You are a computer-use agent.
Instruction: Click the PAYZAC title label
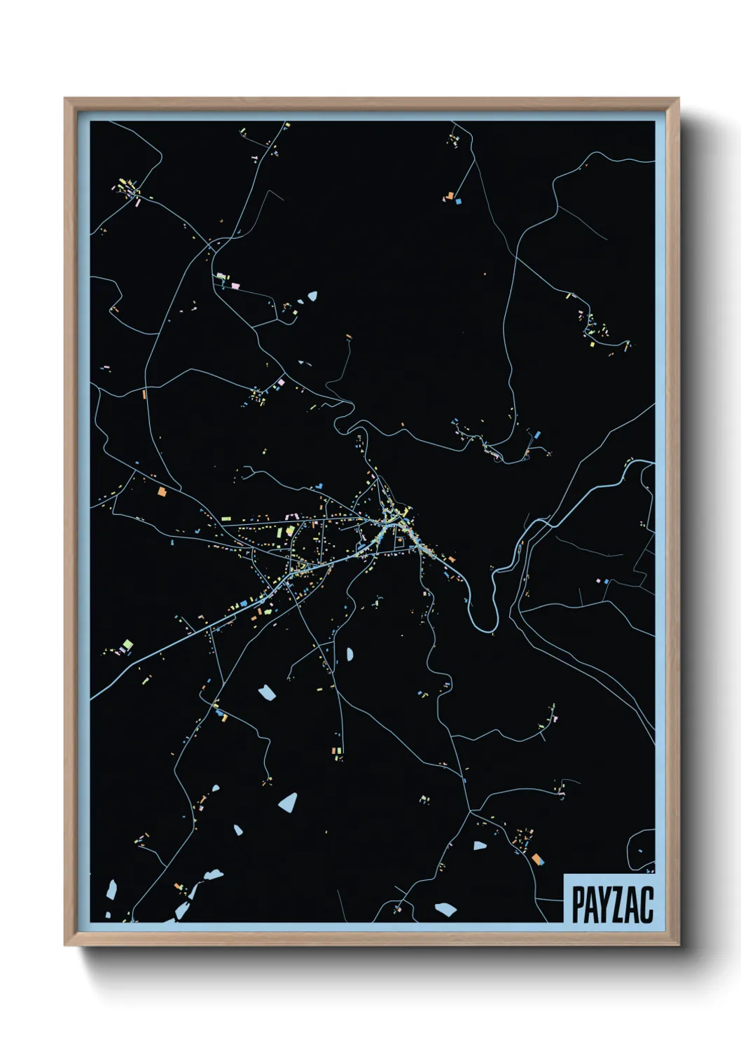[x=612, y=904]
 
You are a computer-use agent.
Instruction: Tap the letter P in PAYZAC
[x=579, y=905]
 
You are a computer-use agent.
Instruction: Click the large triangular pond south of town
[x=288, y=802]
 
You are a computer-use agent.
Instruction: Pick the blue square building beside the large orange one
[x=459, y=200]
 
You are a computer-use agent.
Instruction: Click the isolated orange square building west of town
[x=162, y=492]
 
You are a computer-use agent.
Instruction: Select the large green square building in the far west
[x=127, y=644]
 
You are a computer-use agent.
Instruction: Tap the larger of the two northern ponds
[x=311, y=296]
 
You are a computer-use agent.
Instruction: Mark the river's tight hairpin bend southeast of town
[x=486, y=617]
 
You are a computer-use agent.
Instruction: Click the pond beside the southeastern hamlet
[x=479, y=846]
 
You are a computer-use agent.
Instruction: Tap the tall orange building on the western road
[x=144, y=394]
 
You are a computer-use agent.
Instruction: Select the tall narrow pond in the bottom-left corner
[x=111, y=889]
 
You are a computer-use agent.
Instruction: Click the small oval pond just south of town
[x=349, y=654]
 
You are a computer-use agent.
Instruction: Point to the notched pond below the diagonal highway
[x=267, y=693]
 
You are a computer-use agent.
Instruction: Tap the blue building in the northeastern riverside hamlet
[x=537, y=434]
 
